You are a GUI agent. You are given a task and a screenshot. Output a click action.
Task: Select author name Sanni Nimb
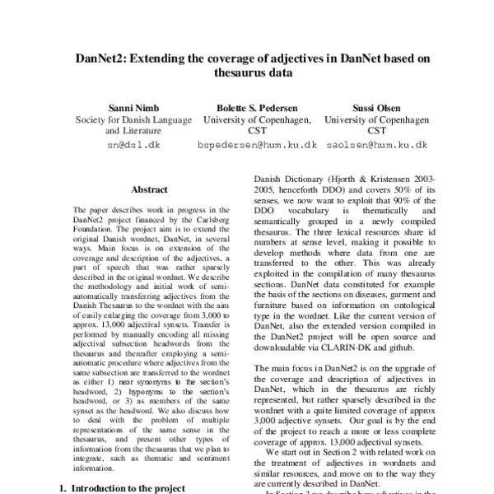pyautogui.click(x=132, y=108)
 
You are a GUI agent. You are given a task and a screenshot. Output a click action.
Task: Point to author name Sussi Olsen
pyautogui.click(x=375, y=108)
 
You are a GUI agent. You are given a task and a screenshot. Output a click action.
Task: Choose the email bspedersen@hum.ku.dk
pyautogui.click(x=257, y=144)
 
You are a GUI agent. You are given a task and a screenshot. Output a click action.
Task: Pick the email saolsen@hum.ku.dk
pyautogui.click(x=375, y=144)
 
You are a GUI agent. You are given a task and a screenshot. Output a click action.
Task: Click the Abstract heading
pyautogui.click(x=149, y=189)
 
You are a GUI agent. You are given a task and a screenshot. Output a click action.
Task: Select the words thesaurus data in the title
pyautogui.click(x=247, y=72)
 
